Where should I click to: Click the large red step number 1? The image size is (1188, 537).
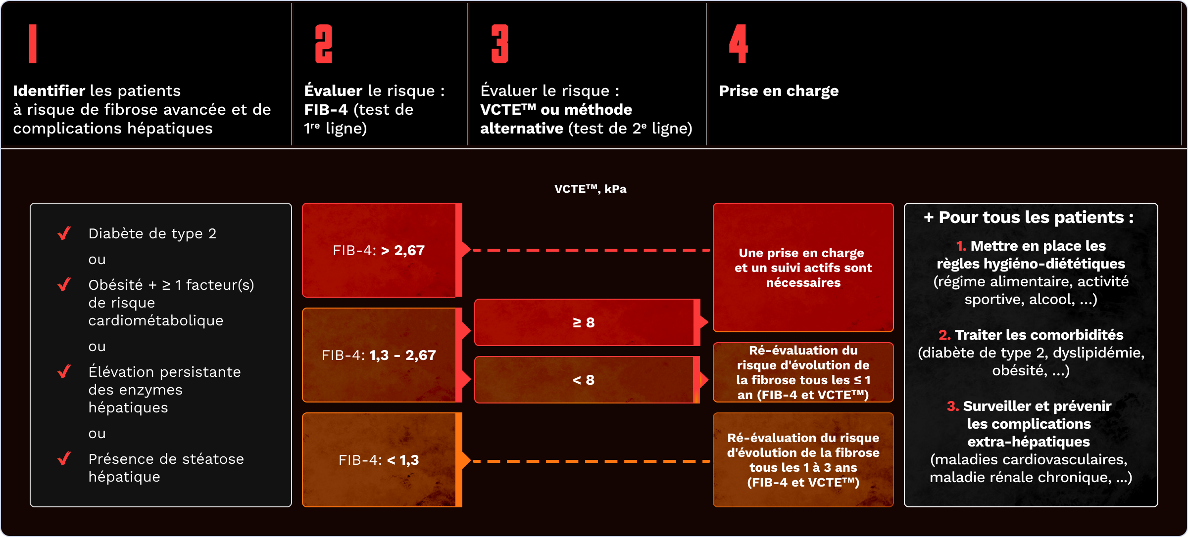click(33, 44)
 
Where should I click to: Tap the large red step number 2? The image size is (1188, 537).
click(324, 44)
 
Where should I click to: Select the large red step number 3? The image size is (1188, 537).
click(500, 44)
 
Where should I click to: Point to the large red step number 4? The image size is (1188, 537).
click(738, 44)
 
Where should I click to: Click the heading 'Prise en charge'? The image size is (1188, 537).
click(779, 91)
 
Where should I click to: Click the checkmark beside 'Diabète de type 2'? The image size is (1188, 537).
click(64, 233)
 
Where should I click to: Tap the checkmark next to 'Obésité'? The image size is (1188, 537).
click(64, 284)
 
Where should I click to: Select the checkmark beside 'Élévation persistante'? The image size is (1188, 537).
click(64, 371)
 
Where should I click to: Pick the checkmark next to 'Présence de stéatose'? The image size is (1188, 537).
click(64, 458)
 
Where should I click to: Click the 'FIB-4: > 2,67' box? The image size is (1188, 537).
click(379, 250)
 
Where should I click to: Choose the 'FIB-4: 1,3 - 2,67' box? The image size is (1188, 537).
click(379, 355)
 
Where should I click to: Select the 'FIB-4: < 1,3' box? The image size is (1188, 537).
click(379, 460)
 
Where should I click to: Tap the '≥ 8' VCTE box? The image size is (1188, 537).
click(584, 322)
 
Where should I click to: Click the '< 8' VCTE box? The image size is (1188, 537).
click(584, 380)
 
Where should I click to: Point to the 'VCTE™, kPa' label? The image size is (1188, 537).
click(590, 189)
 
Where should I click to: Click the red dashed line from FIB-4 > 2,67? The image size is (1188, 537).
click(589, 250)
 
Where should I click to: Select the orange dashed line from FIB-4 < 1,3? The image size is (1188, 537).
click(589, 461)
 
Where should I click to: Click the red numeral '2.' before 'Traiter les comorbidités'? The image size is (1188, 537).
click(944, 335)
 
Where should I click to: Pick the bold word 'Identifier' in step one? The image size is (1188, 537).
click(49, 91)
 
